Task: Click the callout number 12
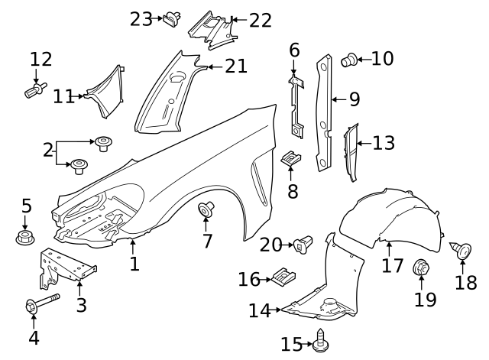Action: tap(40, 58)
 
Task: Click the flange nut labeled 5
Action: tap(25, 238)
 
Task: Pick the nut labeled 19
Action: tap(419, 268)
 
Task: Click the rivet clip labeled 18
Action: tap(464, 250)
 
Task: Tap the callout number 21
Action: tap(236, 66)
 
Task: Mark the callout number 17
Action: tap(392, 266)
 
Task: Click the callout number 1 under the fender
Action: tap(134, 264)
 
